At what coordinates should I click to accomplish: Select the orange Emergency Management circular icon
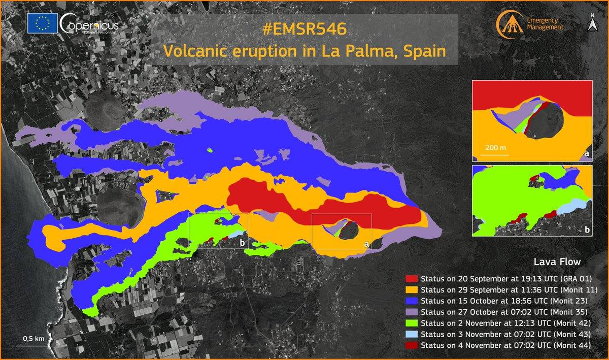tap(509, 23)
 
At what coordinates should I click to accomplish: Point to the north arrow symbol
tap(592, 24)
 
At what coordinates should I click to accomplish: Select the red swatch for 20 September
tap(412, 279)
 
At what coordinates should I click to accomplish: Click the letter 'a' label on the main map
tap(366, 244)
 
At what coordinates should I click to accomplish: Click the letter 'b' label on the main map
tap(243, 243)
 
